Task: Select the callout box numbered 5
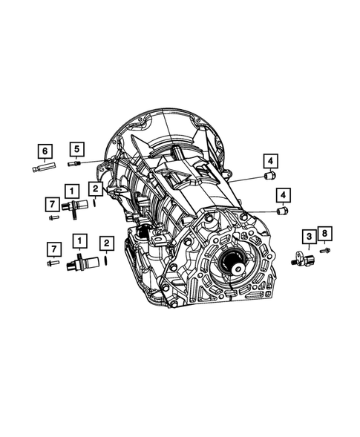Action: tap(76, 148)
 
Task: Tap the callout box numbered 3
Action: tap(307, 237)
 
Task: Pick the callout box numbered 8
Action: tap(325, 234)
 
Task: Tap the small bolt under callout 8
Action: tap(324, 251)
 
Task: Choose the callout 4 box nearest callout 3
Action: tap(283, 194)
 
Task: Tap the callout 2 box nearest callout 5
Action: tap(95, 189)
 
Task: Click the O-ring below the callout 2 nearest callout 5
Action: tap(95, 204)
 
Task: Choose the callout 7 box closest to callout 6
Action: tap(52, 203)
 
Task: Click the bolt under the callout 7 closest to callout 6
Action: tap(52, 218)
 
